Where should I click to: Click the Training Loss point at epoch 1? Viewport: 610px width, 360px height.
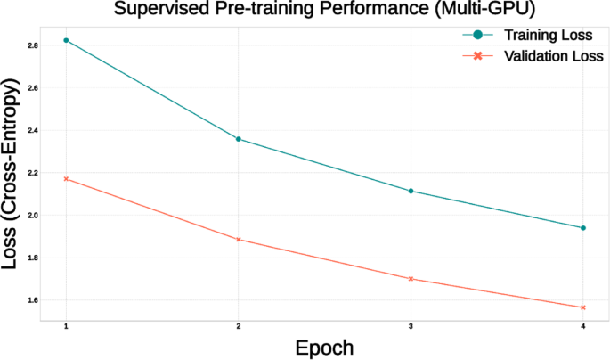[66, 40]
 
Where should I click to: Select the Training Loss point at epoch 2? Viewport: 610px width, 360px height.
[238, 139]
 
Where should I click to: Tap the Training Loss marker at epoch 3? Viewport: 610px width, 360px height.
[411, 191]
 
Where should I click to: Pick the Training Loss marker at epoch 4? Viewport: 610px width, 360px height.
[583, 228]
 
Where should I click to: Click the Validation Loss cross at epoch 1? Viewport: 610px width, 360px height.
[66, 179]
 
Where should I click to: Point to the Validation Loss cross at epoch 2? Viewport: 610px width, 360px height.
[238, 240]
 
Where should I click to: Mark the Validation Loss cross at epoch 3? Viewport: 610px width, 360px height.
[411, 279]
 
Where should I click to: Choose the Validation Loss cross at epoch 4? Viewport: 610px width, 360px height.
[583, 307]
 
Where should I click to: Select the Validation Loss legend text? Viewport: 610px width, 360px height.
[554, 56]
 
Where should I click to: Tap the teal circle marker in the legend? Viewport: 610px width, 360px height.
[478, 35]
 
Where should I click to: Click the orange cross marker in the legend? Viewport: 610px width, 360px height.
[478, 56]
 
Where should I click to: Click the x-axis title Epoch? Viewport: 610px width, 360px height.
[325, 347]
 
